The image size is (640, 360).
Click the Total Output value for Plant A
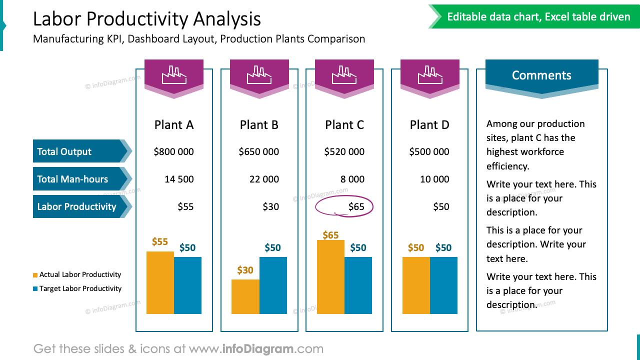coord(173,152)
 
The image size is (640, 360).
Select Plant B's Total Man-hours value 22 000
coord(264,179)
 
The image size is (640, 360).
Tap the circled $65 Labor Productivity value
coord(356,207)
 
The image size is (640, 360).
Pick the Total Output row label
coord(64,152)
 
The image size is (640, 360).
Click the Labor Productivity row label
coord(76,207)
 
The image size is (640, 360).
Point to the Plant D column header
coord(429,125)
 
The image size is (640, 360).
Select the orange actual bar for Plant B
coord(245,296)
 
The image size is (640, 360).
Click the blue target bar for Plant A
coord(187,285)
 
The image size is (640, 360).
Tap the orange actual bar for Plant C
coord(330,276)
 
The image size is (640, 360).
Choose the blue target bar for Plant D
coord(443,285)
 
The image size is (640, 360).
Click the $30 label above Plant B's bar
coord(245,270)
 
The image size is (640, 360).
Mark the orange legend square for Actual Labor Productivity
coord(35,275)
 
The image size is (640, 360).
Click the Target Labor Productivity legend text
coord(80,288)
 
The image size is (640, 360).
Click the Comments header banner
coord(541,75)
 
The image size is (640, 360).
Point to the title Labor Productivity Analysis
coord(147,19)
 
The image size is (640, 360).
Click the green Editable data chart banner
coord(538,17)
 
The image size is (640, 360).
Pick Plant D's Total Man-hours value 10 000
coord(434,179)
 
